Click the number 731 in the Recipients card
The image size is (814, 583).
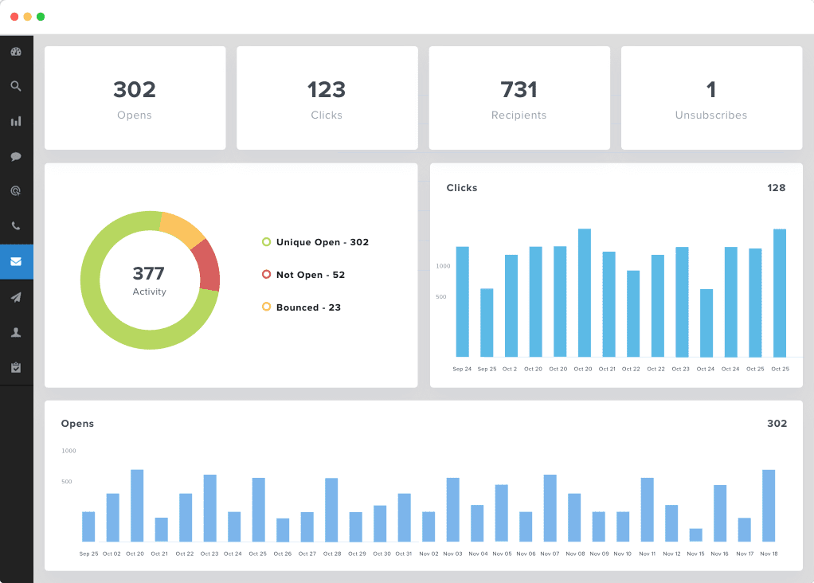tap(519, 89)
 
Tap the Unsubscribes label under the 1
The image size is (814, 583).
tap(711, 115)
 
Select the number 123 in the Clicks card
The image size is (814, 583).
tap(327, 89)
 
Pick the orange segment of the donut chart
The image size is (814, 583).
tap(182, 226)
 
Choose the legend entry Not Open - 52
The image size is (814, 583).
tap(310, 275)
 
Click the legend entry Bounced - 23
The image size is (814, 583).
tap(307, 307)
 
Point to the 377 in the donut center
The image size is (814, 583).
tap(149, 274)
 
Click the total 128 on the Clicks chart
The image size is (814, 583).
tap(776, 188)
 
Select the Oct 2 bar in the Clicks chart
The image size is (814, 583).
tap(511, 306)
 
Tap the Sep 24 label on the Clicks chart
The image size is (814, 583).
tap(462, 370)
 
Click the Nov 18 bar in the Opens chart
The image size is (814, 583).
tap(769, 506)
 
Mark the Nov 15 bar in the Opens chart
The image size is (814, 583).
tap(695, 535)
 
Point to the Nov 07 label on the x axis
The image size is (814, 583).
tap(550, 554)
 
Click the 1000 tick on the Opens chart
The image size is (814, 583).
tap(68, 451)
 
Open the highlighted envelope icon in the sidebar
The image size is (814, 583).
tap(16, 261)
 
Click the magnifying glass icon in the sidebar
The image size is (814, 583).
tap(16, 86)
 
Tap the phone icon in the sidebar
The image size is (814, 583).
tap(16, 226)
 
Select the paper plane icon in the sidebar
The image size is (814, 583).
tap(16, 297)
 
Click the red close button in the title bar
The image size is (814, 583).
tap(14, 17)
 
